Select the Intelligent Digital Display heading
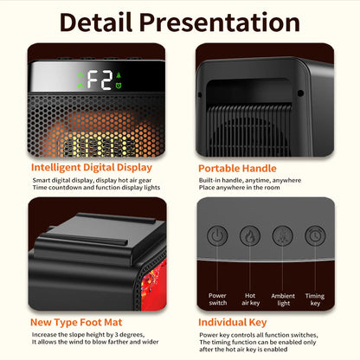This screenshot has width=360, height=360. click(92, 167)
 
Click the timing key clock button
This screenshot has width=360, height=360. click(315, 235)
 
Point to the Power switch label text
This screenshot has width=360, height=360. click(217, 299)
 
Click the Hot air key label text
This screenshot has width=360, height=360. click(249, 299)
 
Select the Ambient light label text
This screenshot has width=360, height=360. click(282, 299)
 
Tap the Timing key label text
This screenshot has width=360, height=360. click(316, 299)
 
